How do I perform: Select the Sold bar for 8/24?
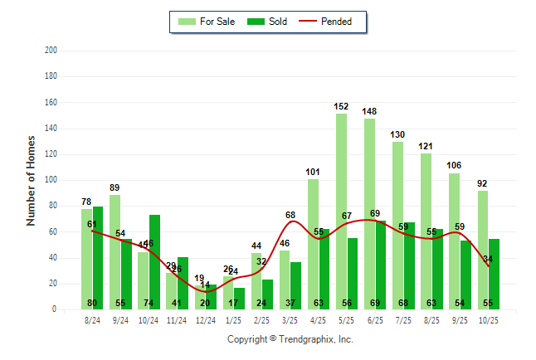[98, 258]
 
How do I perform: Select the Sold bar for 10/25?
[494, 274]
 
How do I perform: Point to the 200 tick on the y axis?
[51, 51]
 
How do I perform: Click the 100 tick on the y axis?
[51, 180]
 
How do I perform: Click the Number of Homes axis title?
[31, 180]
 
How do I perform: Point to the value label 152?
[341, 107]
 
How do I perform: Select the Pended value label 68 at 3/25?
[290, 216]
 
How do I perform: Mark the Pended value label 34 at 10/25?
[489, 260]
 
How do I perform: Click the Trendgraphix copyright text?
[290, 339]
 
